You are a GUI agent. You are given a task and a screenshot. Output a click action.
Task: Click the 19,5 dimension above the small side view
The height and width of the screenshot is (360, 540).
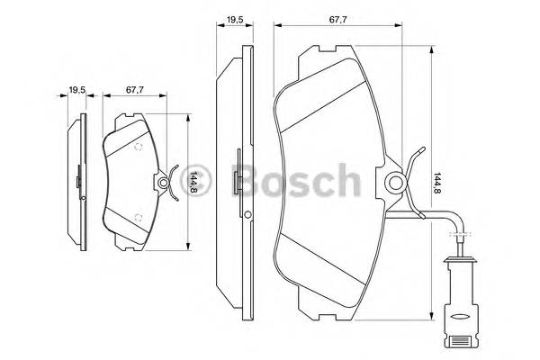tap(77, 89)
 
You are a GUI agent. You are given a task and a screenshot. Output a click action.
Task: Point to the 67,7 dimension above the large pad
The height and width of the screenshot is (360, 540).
tap(338, 18)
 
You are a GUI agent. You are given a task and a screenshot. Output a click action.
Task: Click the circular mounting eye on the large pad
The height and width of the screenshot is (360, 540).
tap(397, 183)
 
